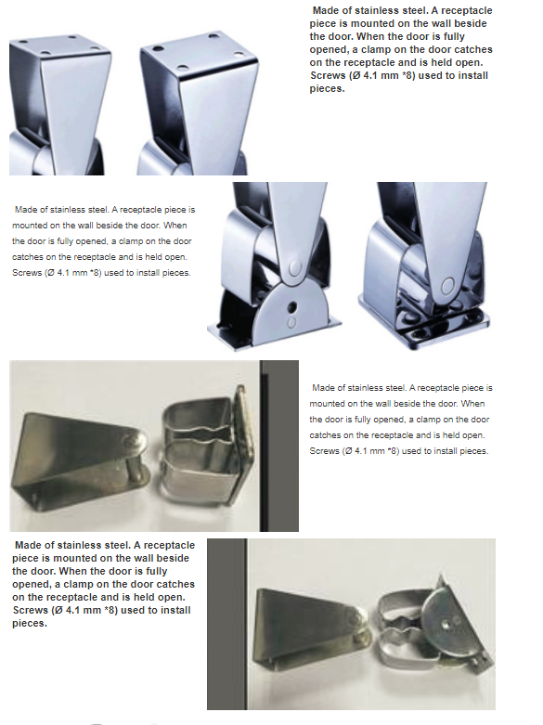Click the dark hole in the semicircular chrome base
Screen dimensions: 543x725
(x=291, y=306)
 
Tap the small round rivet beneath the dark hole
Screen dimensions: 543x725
(x=291, y=322)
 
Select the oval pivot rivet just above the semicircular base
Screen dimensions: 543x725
(x=294, y=267)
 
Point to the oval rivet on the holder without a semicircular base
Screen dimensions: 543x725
(x=447, y=286)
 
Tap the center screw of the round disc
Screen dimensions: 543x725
(x=445, y=624)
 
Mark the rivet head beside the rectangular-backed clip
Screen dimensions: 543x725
(x=136, y=440)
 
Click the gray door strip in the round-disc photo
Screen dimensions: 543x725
(x=226, y=623)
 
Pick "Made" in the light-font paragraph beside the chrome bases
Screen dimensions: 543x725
(x=25, y=210)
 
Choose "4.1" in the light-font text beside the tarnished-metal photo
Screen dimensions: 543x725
(x=362, y=451)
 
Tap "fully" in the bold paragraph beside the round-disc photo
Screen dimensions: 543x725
(x=156, y=572)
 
